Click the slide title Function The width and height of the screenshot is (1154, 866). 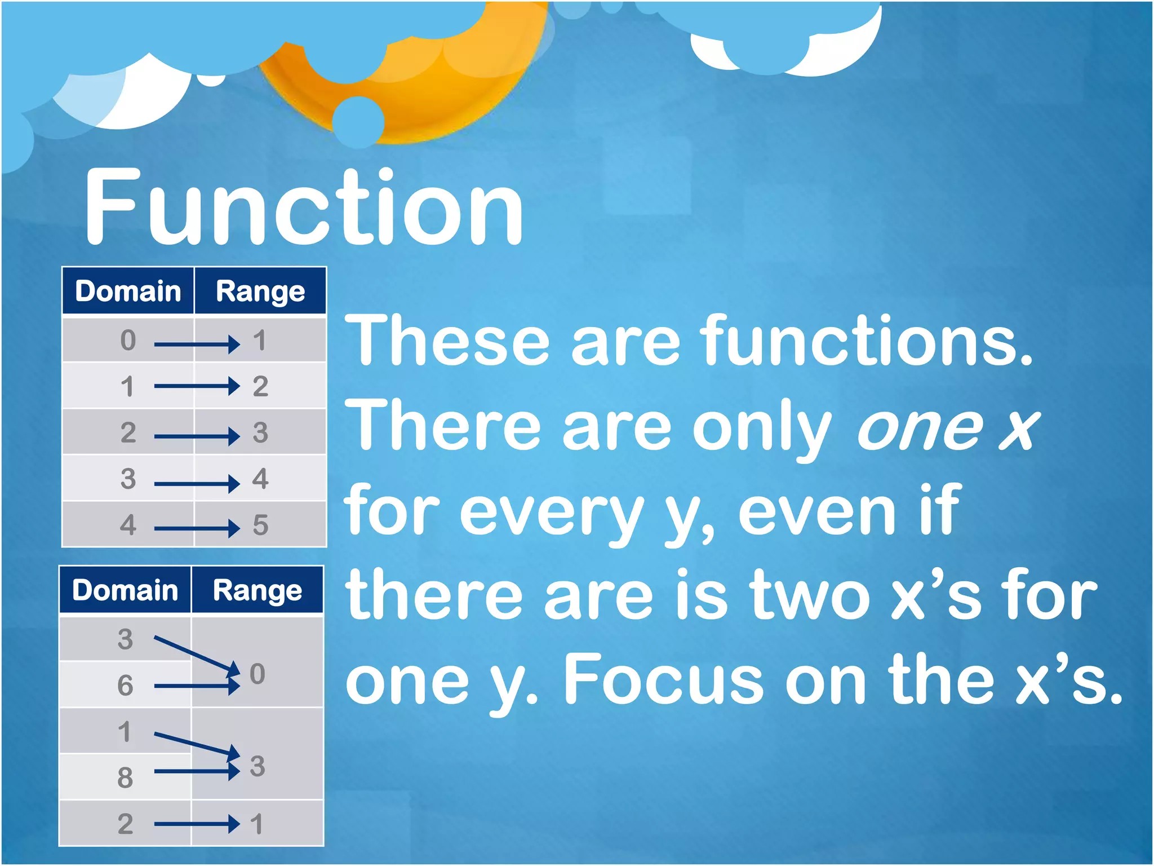[x=304, y=207]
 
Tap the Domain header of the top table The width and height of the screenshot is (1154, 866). [x=128, y=291]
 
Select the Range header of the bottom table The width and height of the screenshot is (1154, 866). [x=258, y=590]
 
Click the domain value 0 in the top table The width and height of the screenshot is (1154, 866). [x=128, y=341]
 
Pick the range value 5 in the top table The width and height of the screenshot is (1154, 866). [x=260, y=525]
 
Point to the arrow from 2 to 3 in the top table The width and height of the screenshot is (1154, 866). [x=196, y=436]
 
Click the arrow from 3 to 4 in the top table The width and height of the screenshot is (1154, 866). [x=196, y=483]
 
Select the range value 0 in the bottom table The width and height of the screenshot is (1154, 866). [x=257, y=674]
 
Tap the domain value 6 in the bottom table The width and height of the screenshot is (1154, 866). [x=125, y=686]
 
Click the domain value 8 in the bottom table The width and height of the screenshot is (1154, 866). [x=125, y=778]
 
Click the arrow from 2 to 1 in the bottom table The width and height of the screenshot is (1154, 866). [x=196, y=824]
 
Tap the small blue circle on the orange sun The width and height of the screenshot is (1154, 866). [x=358, y=122]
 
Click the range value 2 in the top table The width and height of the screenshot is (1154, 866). [x=260, y=387]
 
